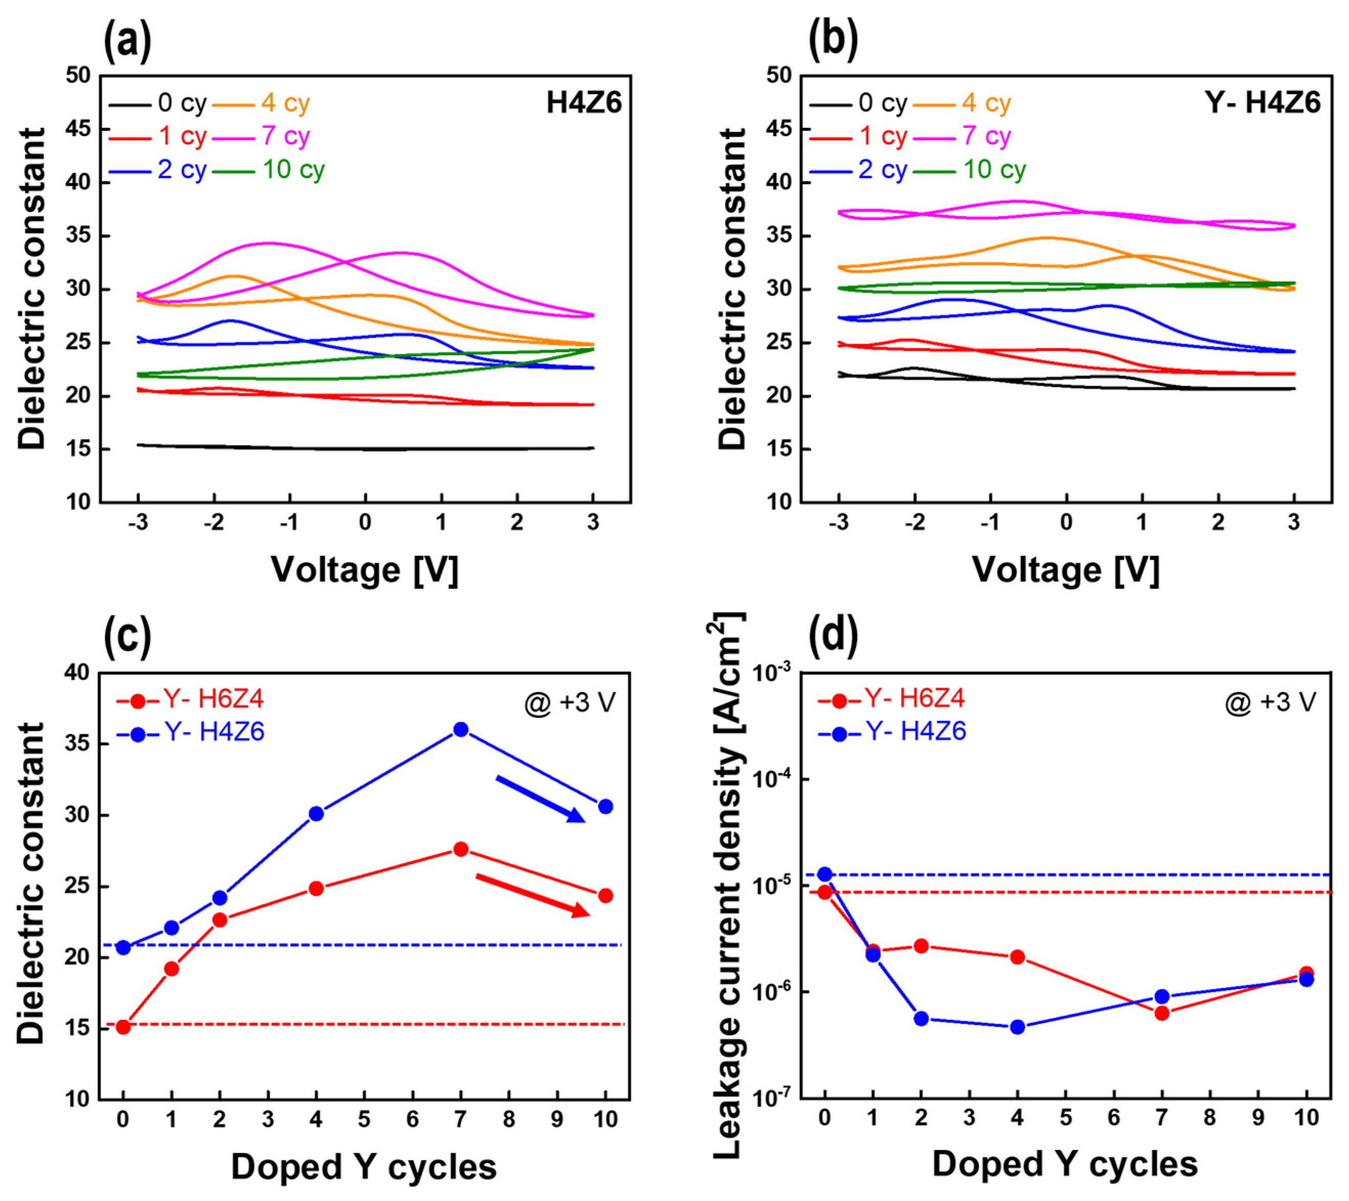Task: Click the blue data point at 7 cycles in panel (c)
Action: (461, 729)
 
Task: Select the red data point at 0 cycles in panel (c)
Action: (123, 1027)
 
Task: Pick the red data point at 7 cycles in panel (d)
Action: (1162, 1013)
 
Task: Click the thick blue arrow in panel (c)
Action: (540, 799)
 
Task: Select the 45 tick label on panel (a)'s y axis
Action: (78, 129)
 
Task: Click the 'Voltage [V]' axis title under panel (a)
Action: (364, 569)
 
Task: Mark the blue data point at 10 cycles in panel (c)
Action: (605, 807)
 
